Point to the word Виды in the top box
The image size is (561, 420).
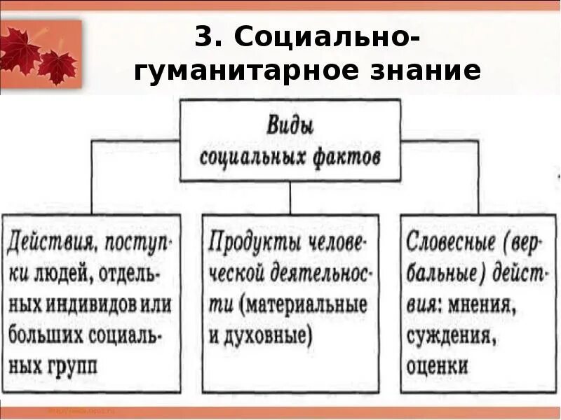(290, 128)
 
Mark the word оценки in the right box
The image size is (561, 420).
(437, 365)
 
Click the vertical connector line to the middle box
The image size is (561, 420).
(290, 198)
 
